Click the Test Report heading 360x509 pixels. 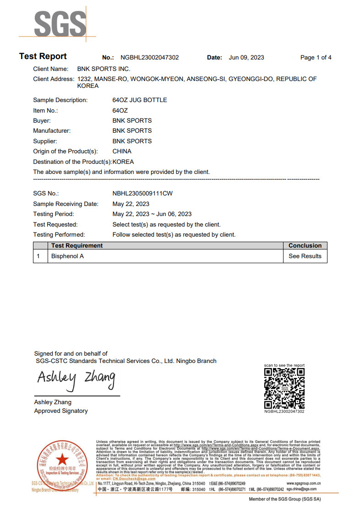43,56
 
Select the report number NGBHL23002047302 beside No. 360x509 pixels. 150,58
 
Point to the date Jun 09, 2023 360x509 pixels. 246,58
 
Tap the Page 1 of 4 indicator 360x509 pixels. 316,58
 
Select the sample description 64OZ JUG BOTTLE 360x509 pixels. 140,100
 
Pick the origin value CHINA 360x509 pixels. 122,152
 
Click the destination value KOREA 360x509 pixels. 123,162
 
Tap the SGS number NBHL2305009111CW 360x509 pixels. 142,194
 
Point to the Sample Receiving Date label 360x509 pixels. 65,204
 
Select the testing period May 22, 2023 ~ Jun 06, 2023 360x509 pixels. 152,214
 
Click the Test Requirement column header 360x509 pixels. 77,246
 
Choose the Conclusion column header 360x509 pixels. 305,246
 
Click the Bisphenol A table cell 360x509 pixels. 67,256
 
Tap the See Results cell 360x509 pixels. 305,256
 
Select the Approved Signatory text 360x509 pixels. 61,411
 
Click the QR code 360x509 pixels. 284,388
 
